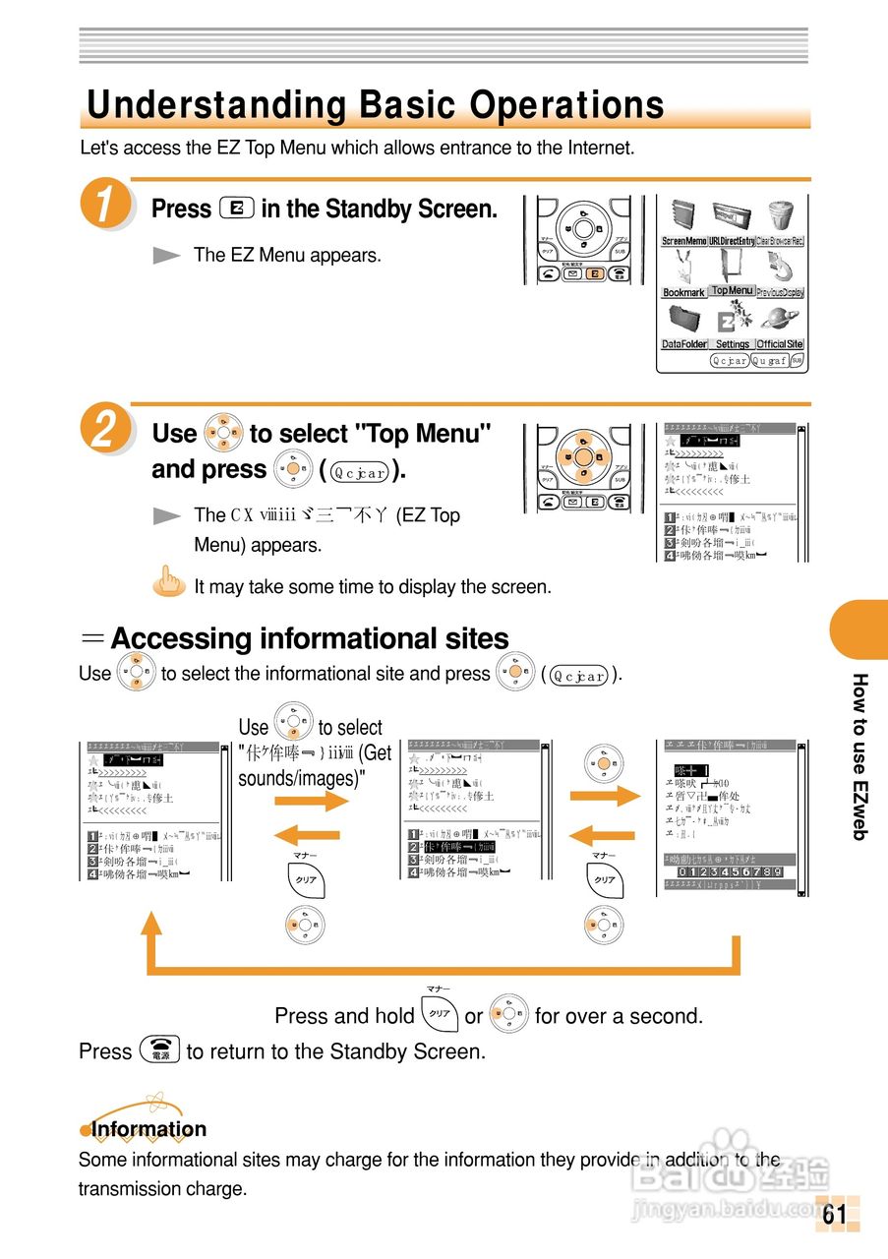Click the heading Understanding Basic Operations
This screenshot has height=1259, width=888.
click(375, 105)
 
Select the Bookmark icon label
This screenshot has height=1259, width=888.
click(683, 292)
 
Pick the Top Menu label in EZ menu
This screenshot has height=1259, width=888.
click(733, 290)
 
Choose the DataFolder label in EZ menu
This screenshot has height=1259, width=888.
click(684, 344)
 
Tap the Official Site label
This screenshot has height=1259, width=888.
click(780, 344)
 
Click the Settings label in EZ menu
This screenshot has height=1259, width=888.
click(733, 344)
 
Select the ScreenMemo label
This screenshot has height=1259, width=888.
click(683, 241)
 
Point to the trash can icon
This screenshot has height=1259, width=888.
click(781, 216)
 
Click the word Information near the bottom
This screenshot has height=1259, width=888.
click(148, 1129)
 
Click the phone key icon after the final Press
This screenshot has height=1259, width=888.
click(158, 1050)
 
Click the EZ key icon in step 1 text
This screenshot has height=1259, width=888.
click(237, 209)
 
